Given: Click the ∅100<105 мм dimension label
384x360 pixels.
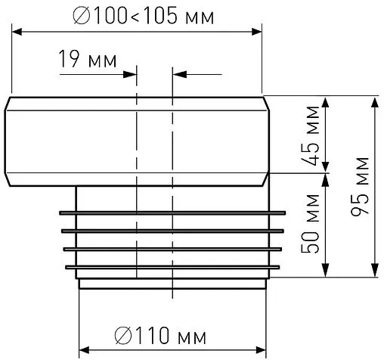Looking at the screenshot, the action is point(144,17).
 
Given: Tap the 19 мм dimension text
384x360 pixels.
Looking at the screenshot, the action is point(88,59).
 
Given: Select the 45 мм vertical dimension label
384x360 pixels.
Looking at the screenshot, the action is point(311,136).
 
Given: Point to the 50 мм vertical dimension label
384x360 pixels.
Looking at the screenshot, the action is point(310,223).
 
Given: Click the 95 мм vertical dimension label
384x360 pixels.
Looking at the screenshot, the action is point(360,186).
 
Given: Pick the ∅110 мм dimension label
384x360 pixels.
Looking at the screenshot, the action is point(160,336).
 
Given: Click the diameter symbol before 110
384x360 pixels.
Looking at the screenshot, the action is point(123,336).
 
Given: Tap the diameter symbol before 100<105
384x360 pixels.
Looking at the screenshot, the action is point(82,17).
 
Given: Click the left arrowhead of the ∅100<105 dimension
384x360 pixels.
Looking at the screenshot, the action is point(17,32).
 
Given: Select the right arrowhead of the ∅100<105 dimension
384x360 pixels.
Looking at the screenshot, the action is point(257,32).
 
